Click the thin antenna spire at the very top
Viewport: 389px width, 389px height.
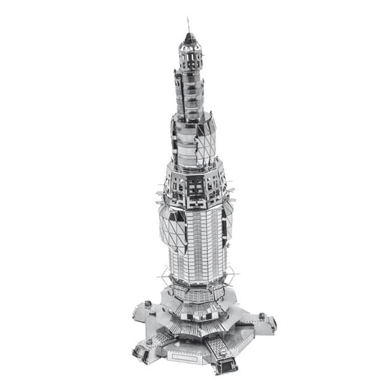point(189,26)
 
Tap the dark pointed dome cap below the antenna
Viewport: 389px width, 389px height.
point(190,41)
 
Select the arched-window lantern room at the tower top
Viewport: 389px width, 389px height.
point(190,59)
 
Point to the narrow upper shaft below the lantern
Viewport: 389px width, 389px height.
point(189,92)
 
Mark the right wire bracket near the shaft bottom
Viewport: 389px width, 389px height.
point(233,271)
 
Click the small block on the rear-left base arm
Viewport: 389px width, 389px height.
point(148,303)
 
